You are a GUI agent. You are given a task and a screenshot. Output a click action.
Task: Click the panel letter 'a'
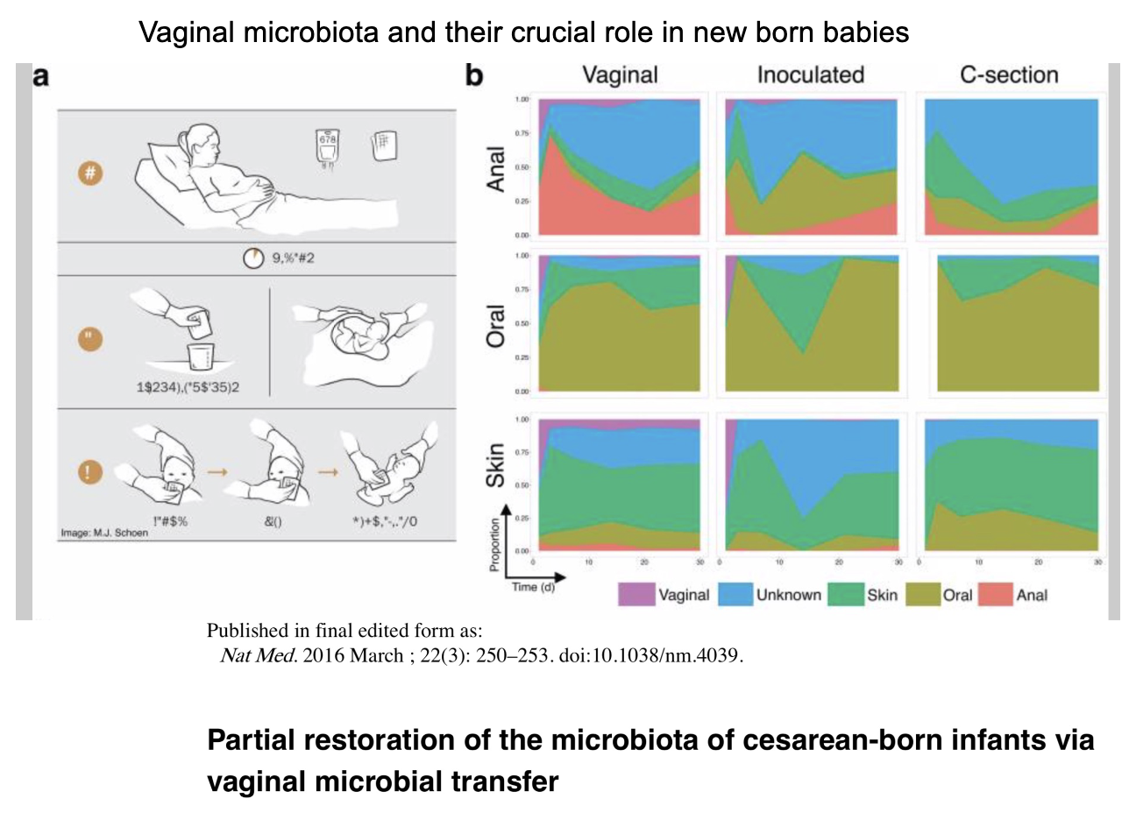point(41,77)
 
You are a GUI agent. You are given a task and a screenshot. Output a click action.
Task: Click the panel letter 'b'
point(474,76)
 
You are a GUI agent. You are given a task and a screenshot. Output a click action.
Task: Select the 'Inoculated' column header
point(810,75)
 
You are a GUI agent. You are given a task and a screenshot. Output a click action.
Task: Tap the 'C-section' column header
point(1009,75)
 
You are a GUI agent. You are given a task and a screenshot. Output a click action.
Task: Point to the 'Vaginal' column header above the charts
point(620,75)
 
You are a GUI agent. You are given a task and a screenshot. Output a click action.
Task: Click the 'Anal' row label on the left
point(496,169)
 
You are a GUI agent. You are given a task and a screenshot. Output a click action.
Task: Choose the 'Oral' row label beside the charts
point(496,326)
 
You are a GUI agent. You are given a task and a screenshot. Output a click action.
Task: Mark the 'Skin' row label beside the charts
point(496,465)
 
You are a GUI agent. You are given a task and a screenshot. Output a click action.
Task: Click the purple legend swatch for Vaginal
point(636,595)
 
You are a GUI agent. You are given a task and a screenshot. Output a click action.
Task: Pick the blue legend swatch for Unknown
point(735,595)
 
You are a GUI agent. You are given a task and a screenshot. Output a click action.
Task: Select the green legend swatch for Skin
point(845,595)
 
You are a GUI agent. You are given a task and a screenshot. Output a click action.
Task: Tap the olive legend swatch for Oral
point(923,595)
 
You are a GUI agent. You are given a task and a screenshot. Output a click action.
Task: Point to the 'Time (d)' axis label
point(533,588)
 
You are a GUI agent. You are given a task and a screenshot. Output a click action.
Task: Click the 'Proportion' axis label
point(495,545)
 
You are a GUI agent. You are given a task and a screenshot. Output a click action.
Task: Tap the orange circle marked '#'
point(89,173)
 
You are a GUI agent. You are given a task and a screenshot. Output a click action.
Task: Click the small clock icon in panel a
point(252,259)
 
